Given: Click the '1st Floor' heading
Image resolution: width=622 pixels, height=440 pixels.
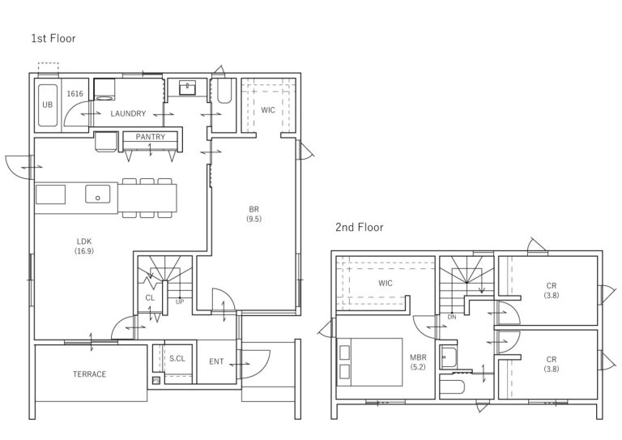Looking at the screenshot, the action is coord(53,38).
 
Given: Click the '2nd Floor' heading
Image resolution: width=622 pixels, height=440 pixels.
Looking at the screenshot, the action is coord(360,228).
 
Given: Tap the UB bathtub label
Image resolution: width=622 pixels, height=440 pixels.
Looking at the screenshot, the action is coord(47,105).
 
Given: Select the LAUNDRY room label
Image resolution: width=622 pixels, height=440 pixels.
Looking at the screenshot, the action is coord(128,113).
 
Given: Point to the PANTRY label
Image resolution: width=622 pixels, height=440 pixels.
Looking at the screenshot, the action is coord(151,137).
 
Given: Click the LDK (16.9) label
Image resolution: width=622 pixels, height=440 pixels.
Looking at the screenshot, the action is coord(84,246).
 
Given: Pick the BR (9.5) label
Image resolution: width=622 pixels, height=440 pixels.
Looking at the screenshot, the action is coord(253,214).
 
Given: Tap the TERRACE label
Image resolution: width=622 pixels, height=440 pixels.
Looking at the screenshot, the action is coord(90,374).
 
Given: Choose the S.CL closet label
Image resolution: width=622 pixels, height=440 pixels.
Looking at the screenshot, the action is coord(177,359).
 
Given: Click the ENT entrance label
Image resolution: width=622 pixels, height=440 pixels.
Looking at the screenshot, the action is coord(216,361).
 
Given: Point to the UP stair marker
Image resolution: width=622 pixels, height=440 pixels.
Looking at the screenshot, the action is coord(180,302).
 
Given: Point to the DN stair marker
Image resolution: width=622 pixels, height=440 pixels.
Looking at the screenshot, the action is coord(452,317).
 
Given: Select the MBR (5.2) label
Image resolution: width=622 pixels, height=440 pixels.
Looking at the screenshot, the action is coord(418,362).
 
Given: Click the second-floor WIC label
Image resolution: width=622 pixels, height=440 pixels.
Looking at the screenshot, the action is coord(386,284).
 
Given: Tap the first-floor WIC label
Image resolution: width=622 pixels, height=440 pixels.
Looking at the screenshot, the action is coord(268,110).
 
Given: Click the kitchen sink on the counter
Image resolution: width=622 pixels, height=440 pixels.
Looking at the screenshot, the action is coord(97,194).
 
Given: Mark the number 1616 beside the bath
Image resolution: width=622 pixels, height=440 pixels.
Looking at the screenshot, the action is coord(75,94).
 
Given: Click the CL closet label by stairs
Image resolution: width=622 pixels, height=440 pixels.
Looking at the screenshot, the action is coord(150,298).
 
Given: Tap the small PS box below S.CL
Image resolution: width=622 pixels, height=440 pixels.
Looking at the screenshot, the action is coord(155,380).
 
